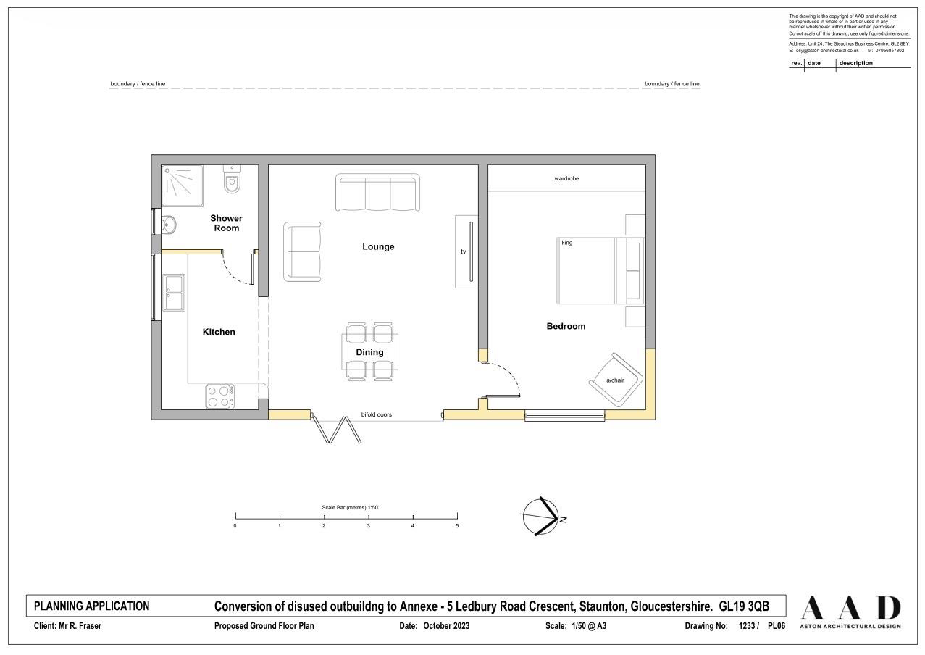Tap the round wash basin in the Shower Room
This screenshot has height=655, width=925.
tap(169, 225)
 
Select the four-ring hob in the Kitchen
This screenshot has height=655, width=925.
tap(219, 396)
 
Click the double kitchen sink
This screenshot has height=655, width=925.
tap(174, 292)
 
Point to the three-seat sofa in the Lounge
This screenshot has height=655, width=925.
tap(378, 192)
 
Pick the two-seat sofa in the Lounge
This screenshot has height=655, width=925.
tap(302, 252)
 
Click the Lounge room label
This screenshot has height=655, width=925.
tap(378, 246)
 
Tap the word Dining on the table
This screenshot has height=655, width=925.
tap(369, 352)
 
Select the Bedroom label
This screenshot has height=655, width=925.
tap(566, 326)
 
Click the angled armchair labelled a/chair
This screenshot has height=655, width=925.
tap(616, 380)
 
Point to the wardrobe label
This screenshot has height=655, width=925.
tap(566, 178)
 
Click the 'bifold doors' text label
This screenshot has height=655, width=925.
tap(377, 414)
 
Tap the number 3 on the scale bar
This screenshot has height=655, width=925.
tap(369, 526)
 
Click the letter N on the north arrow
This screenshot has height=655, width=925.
tap(563, 520)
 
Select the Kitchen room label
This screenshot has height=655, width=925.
tap(219, 332)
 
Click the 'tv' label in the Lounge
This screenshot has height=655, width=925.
tap(464, 251)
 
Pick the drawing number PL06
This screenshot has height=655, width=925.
tap(777, 626)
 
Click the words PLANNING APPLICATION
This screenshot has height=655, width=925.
tap(92, 606)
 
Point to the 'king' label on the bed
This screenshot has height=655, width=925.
tap(567, 243)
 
